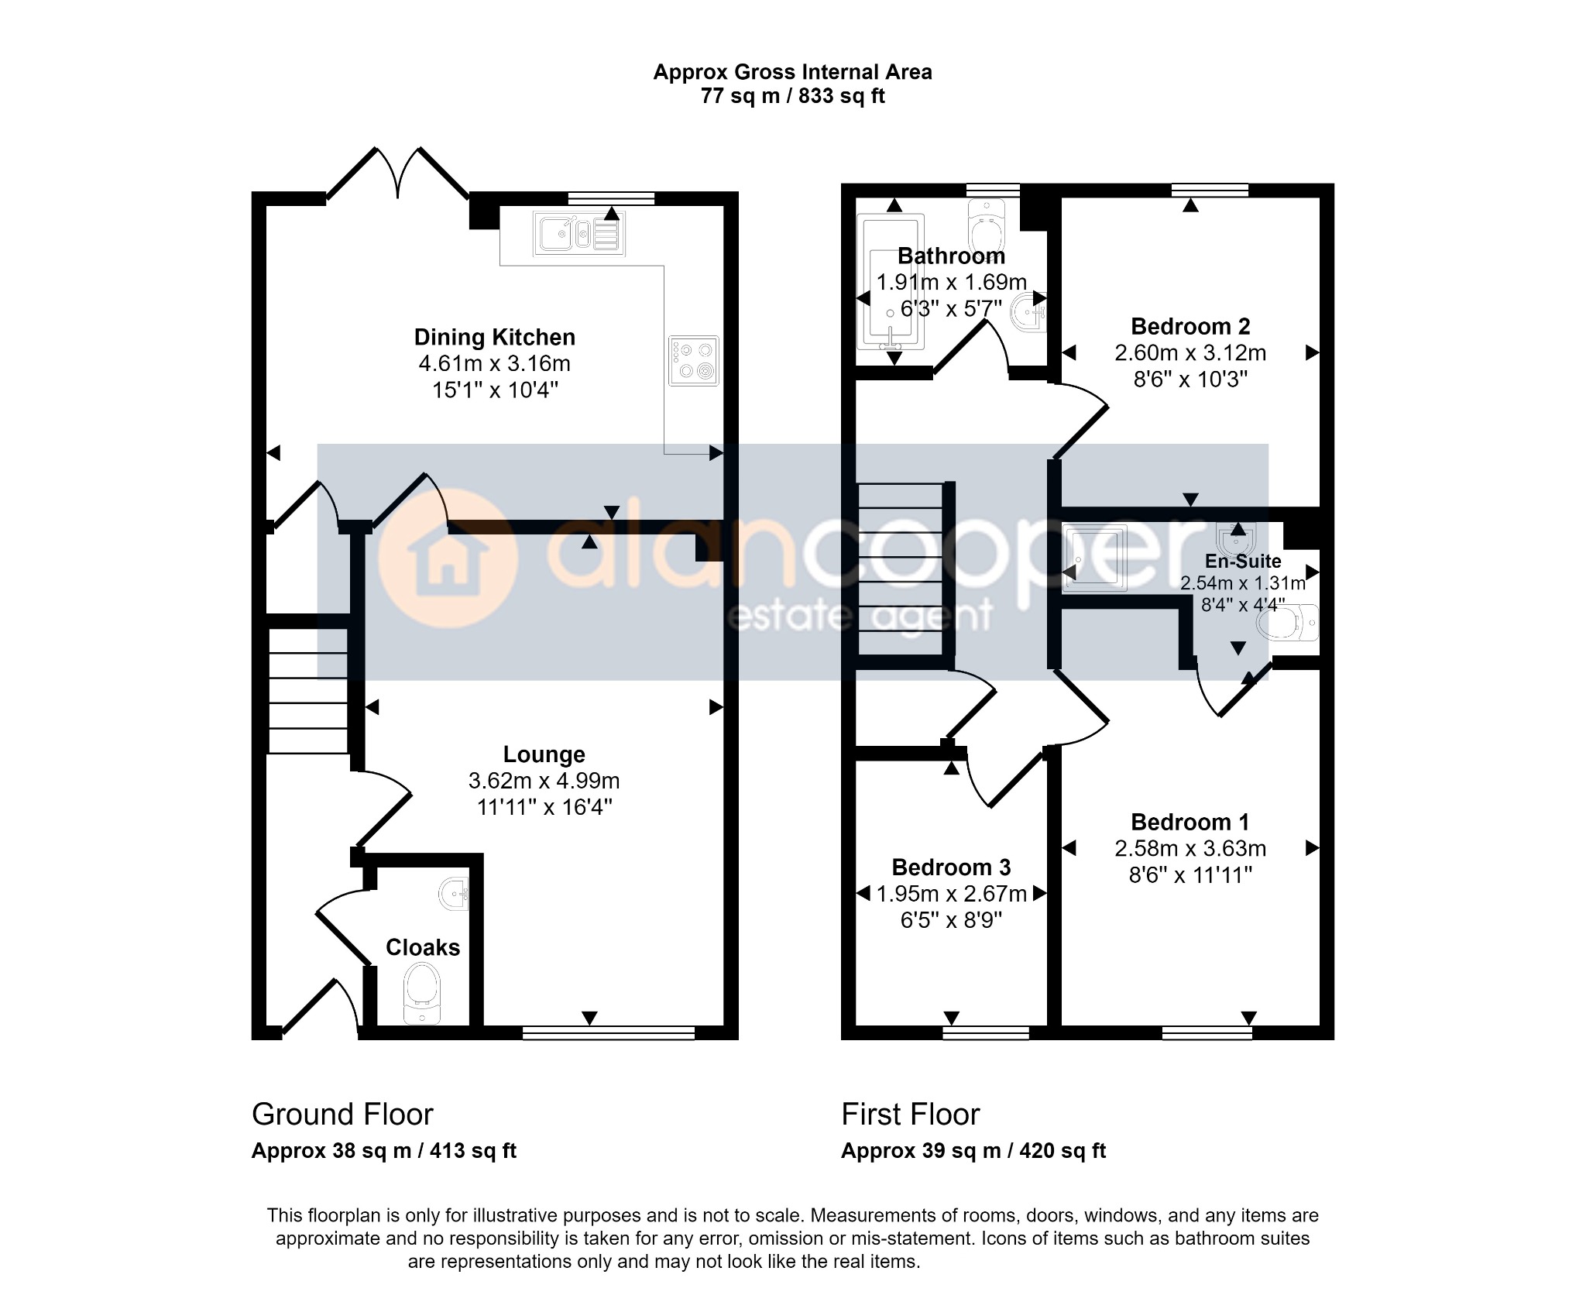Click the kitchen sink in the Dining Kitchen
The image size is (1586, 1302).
578,233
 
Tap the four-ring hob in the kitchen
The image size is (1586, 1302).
693,361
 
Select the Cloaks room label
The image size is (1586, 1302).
423,947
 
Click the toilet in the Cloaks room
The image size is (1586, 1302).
422,994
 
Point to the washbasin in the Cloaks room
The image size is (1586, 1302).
455,895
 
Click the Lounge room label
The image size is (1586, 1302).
544,754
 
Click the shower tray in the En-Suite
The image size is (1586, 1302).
1095,558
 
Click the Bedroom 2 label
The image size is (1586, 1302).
1190,327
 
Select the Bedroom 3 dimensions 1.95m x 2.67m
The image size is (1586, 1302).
952,894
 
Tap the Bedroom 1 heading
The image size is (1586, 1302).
1190,822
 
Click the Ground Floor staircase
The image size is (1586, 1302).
307,691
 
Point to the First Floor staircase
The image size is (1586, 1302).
900,569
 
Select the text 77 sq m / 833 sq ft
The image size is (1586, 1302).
793,96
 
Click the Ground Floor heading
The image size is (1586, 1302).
342,1115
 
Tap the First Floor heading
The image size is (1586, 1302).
911,1115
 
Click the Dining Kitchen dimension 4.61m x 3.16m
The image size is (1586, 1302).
495,363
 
